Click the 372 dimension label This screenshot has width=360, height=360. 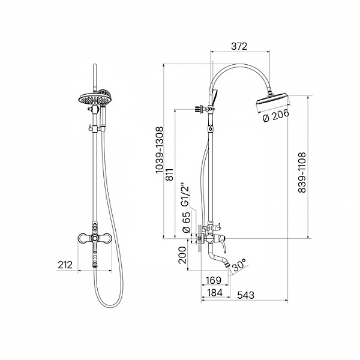pos(239,46)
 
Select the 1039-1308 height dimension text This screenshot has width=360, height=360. pos(160,150)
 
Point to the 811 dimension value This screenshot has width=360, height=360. pos(170,175)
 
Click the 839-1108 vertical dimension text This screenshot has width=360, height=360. pos(302,172)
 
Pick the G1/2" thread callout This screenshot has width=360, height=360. pos(185,194)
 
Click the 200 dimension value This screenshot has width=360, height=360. pos(182,255)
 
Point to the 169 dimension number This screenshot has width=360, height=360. pos(213,280)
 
